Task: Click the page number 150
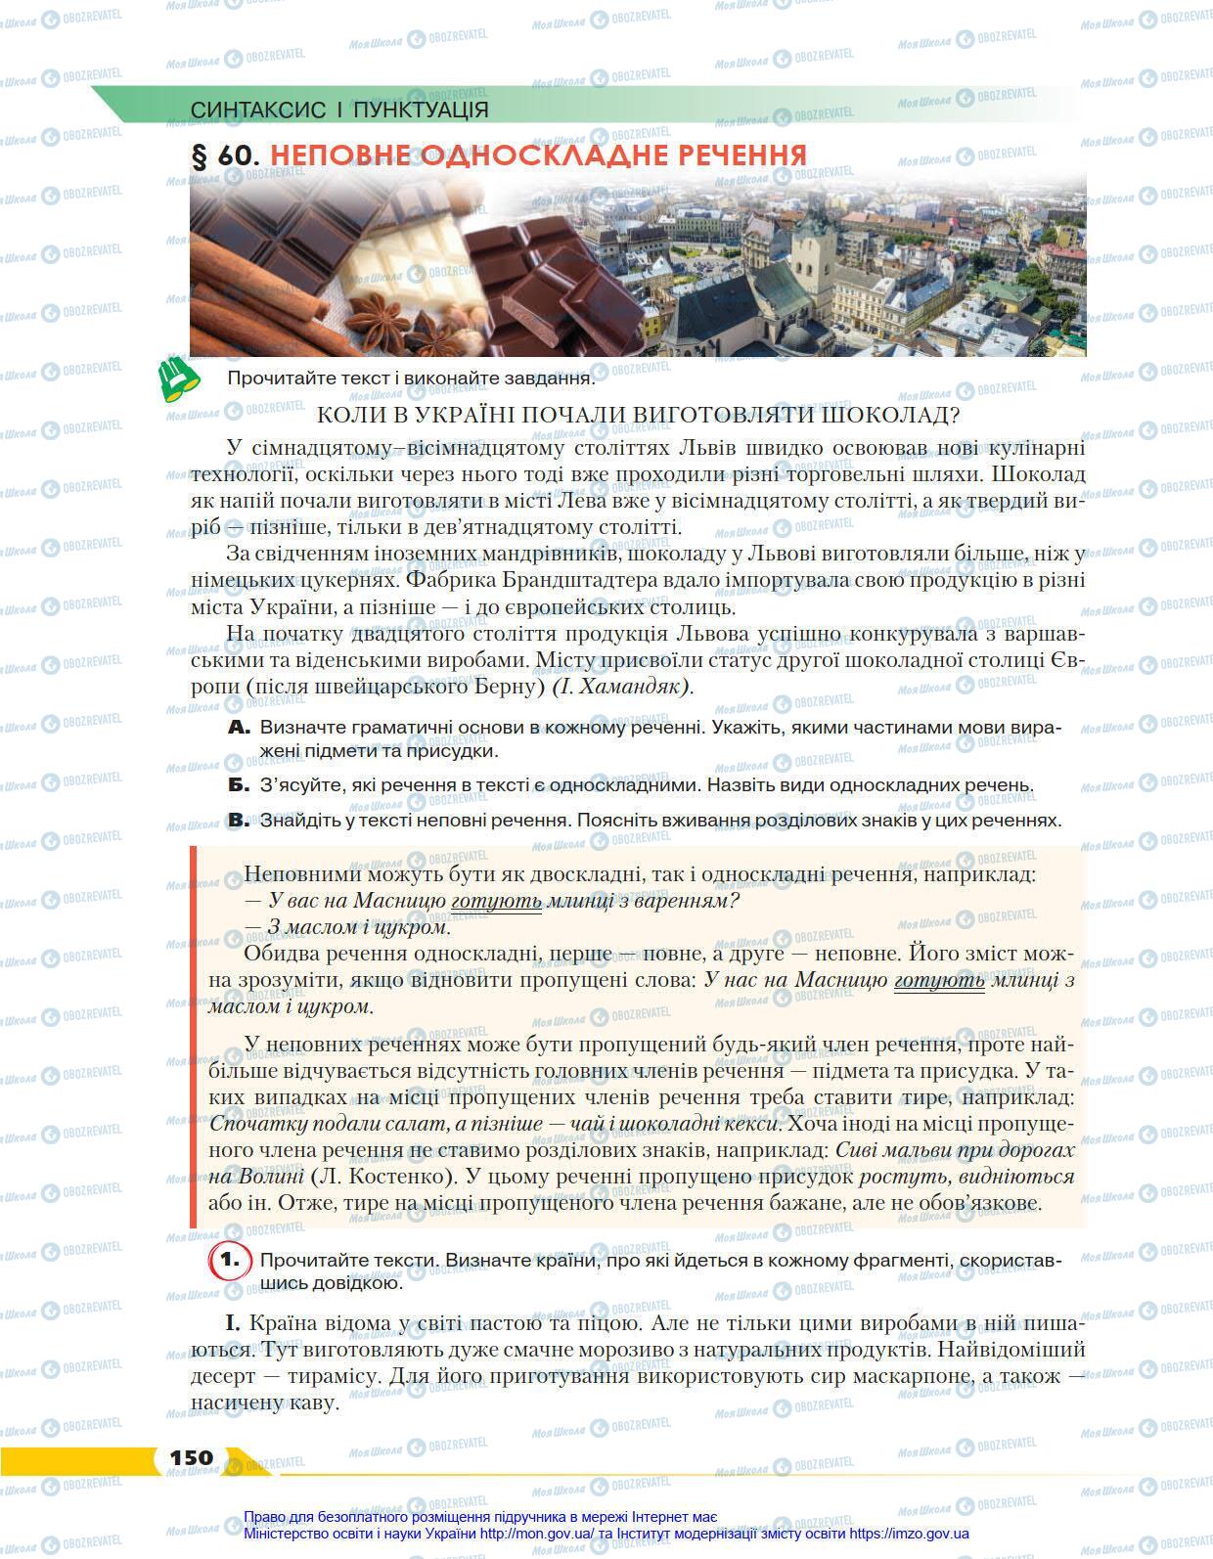(x=191, y=1458)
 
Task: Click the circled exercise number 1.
(x=230, y=1261)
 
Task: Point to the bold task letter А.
(x=240, y=728)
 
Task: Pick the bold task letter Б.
(x=240, y=784)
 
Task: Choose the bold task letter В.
(x=240, y=820)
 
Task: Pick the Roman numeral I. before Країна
(x=233, y=1323)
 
